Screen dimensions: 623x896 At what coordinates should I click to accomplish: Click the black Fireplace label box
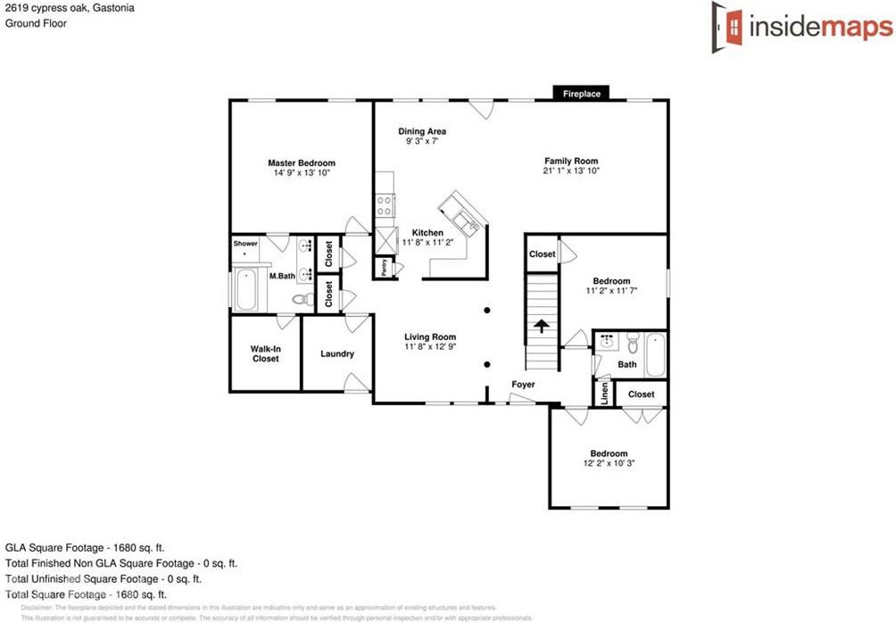581,93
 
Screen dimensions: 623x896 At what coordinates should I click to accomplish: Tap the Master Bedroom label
302,162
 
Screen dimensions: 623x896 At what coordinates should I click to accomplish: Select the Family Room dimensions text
571,170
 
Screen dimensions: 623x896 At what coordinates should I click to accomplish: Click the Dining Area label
422,131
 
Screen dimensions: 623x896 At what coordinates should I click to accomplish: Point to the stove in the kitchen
385,205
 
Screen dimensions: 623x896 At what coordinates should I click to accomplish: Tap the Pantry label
384,266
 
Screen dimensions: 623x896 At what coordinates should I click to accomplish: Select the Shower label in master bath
245,243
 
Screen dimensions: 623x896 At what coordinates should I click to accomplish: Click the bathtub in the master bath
246,289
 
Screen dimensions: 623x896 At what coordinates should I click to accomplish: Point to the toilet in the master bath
302,299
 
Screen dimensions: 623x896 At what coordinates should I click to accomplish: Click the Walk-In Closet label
265,353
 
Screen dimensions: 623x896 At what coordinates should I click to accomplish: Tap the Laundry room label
337,353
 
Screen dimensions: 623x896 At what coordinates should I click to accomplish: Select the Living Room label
430,336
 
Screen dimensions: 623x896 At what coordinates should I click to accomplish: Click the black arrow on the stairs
541,326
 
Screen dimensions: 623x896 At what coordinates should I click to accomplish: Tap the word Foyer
523,385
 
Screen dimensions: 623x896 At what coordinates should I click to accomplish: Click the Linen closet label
604,394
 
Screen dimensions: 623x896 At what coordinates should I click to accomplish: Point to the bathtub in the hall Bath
654,353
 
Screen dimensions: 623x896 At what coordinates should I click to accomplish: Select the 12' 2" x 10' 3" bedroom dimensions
608,463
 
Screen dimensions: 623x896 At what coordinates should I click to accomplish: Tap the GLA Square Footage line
85,547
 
